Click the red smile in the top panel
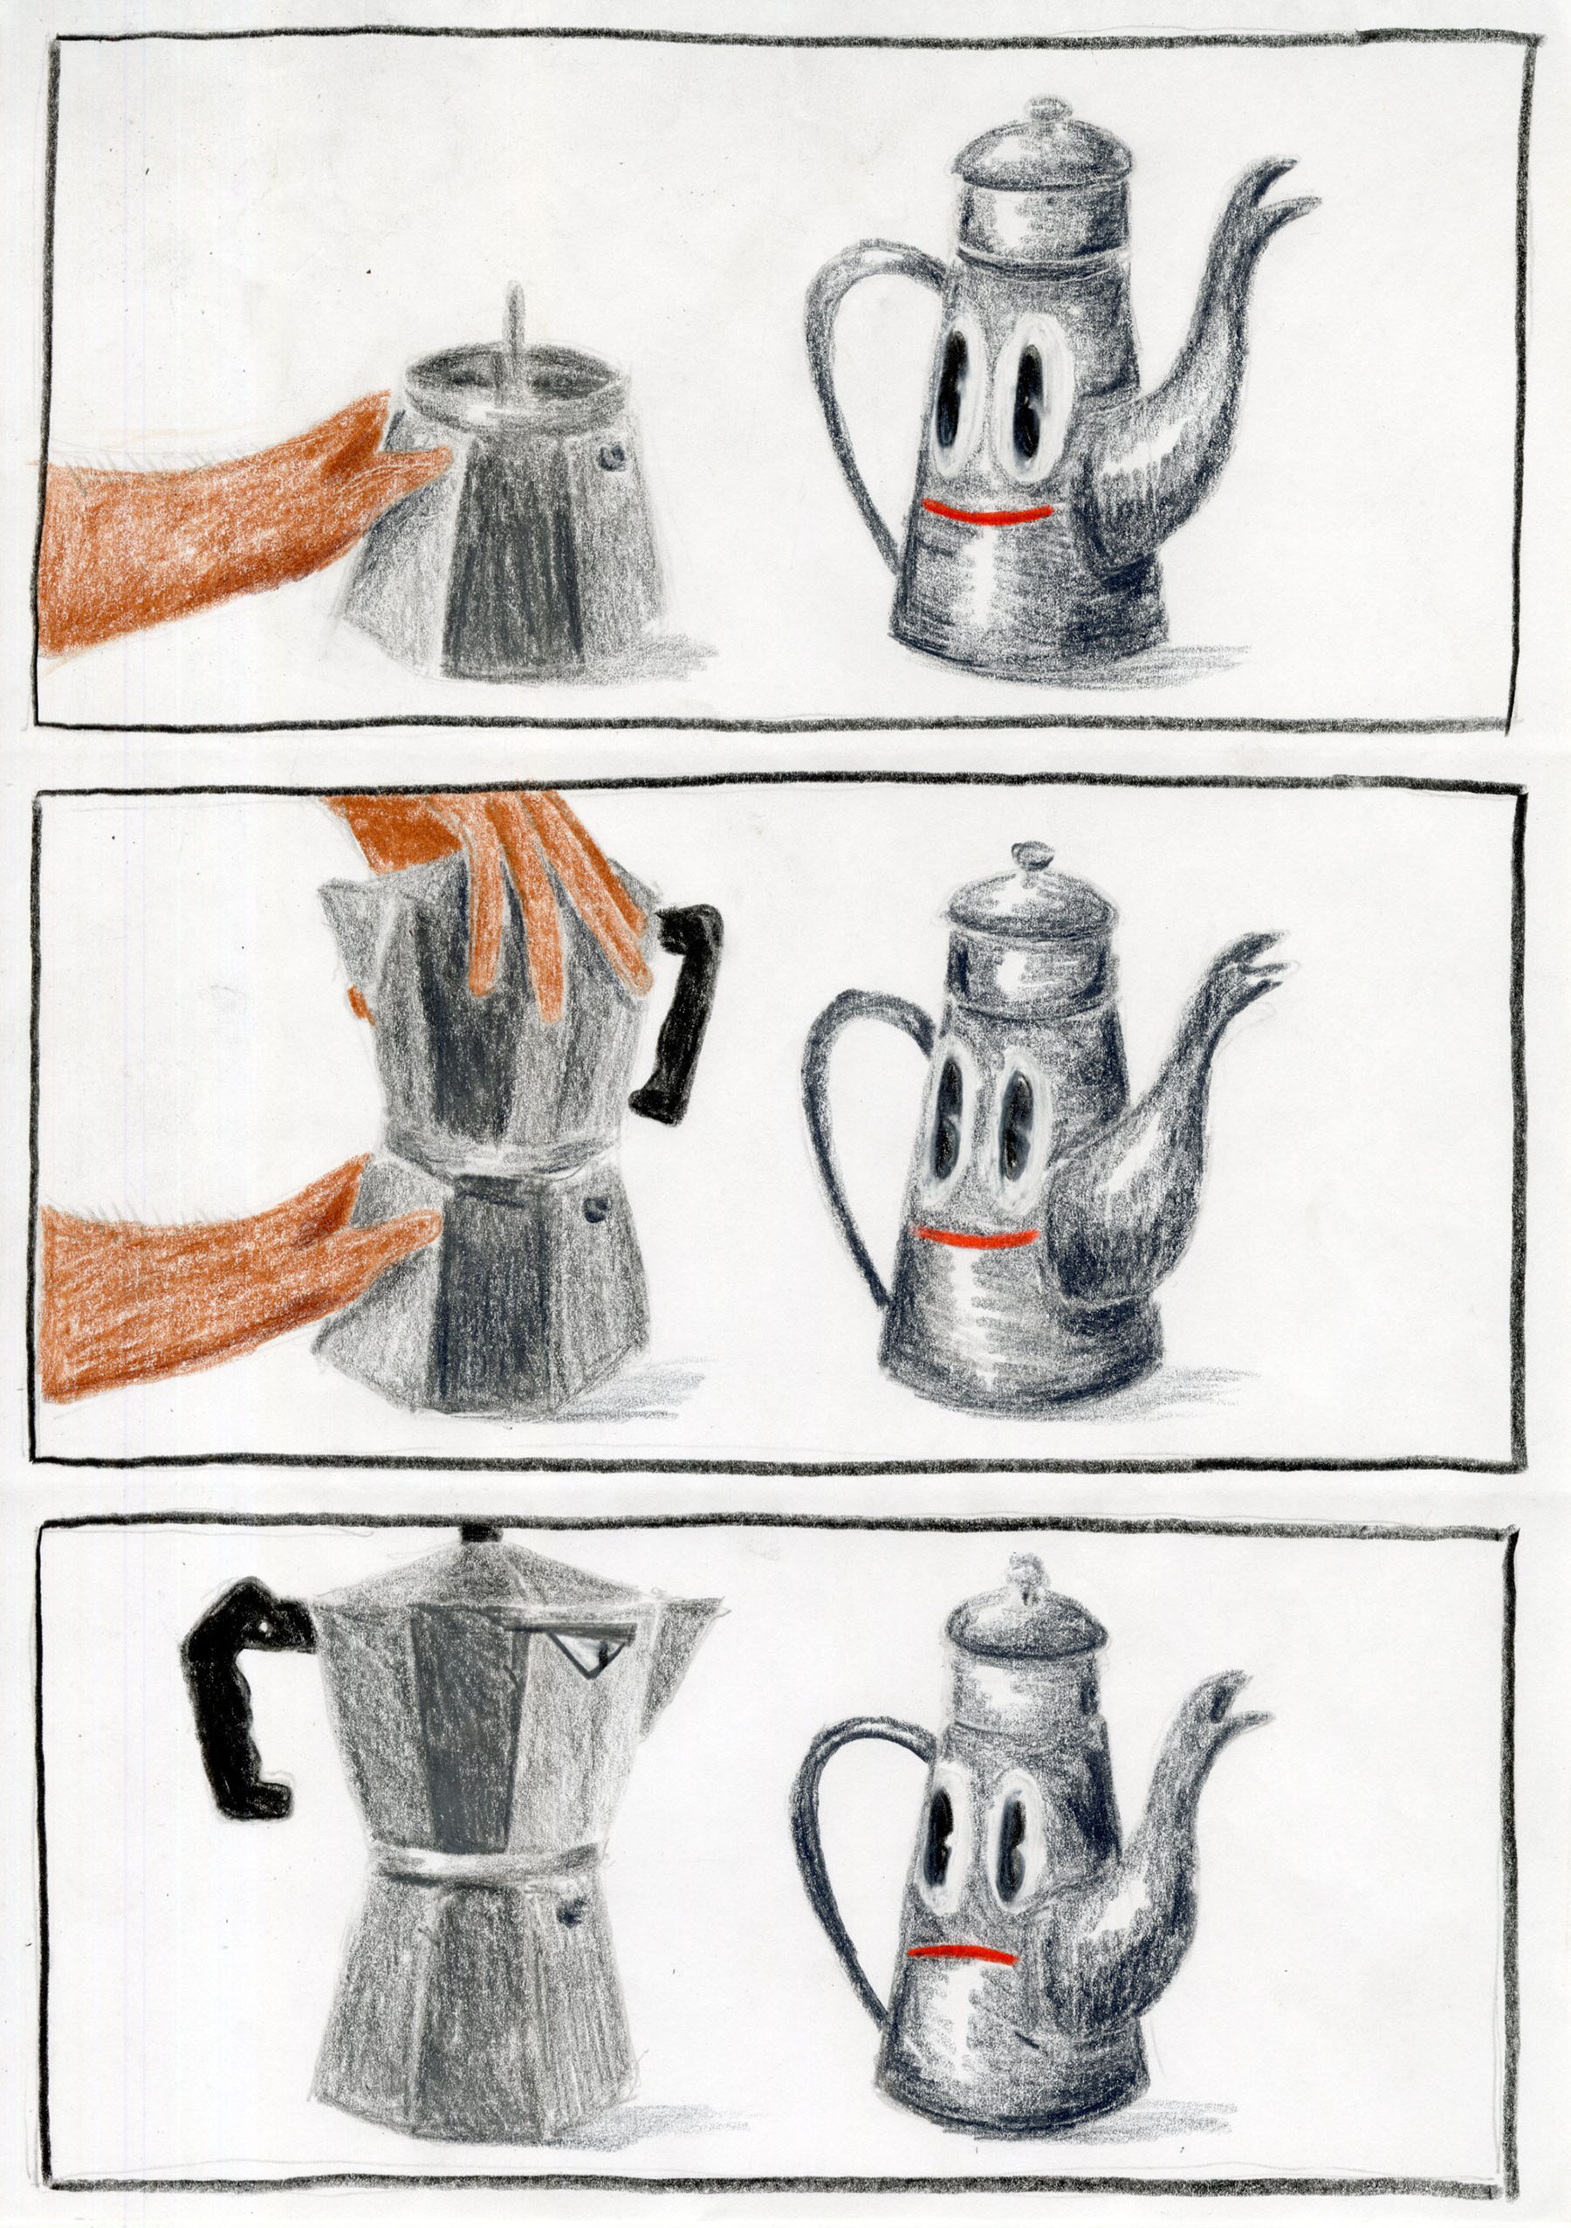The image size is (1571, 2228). click(x=986, y=512)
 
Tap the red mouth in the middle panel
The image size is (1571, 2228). click(x=975, y=1237)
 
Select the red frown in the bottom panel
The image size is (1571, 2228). click(x=961, y=1952)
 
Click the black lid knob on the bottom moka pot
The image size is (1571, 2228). click(x=479, y=1534)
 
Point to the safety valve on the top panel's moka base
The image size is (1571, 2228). click(x=611, y=455)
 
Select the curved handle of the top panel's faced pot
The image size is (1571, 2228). click(x=834, y=389)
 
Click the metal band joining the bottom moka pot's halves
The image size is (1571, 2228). click(x=485, y=1860)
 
